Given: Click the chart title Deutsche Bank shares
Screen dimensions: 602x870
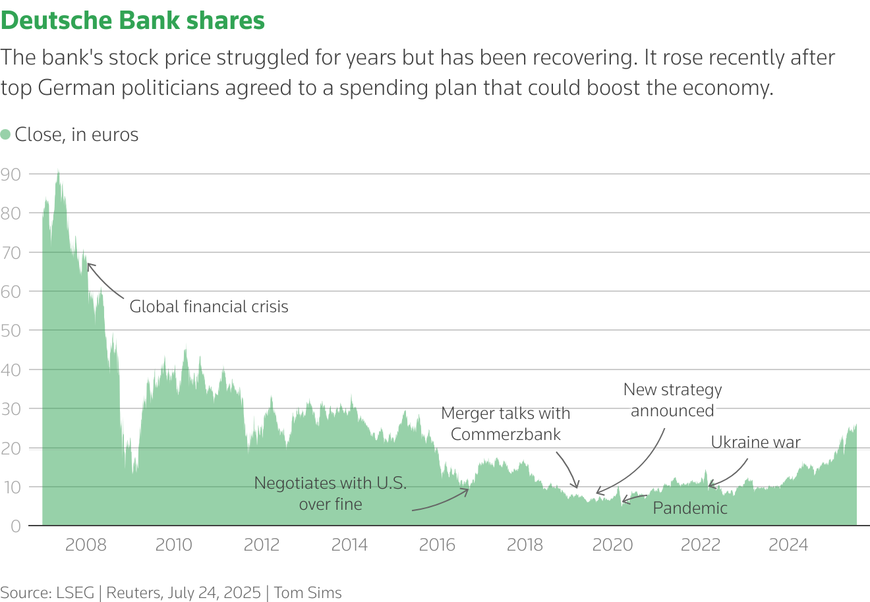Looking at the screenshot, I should [x=132, y=21].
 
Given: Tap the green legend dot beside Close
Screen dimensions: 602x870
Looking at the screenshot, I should [x=6, y=134].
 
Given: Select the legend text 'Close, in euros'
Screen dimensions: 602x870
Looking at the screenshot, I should [x=76, y=134].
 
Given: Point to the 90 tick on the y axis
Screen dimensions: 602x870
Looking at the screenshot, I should [x=11, y=175].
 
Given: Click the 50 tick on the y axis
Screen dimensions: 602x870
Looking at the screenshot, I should [x=11, y=331].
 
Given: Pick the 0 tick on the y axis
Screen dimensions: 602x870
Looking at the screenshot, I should [x=15, y=526].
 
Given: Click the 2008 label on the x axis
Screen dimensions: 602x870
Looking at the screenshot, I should [x=86, y=545].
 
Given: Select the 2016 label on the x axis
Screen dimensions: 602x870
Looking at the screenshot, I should [x=437, y=545].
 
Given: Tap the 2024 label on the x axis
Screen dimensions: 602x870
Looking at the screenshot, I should [x=788, y=545].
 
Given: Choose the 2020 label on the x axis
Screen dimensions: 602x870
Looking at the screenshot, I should [x=612, y=545].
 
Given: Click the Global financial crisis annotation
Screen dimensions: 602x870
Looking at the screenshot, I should [x=209, y=306].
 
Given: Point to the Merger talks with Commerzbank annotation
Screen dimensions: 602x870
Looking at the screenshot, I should [x=506, y=424].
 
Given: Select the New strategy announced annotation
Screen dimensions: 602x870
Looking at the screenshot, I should [x=672, y=400].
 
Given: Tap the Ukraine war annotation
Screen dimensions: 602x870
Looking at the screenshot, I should [x=755, y=442].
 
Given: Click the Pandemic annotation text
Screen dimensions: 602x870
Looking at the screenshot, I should [x=690, y=508].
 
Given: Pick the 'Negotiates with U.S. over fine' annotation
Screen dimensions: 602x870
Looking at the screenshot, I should [x=330, y=493].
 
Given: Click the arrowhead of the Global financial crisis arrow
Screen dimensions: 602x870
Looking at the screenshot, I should [x=89, y=265].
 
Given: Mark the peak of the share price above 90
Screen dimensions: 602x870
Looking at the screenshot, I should [x=58, y=171].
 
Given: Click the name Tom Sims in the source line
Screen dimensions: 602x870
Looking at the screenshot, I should [x=308, y=593].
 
